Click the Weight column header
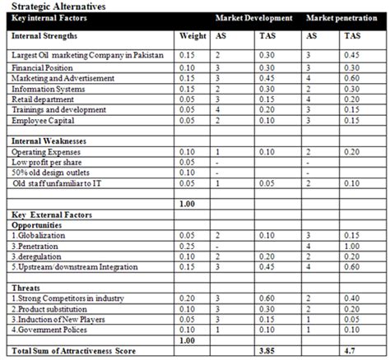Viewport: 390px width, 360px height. pyautogui.click(x=192, y=36)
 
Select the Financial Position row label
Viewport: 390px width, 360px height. pyautogui.click(x=41, y=67)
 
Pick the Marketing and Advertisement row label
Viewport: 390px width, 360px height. pyautogui.click(x=62, y=77)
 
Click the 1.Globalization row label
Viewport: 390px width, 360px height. pyautogui.click(x=38, y=234)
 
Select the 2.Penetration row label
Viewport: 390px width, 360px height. pyautogui.click(x=36, y=245)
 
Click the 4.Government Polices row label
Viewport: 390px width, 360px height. pyautogui.click(x=52, y=330)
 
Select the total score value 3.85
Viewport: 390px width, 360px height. pyautogui.click(x=267, y=351)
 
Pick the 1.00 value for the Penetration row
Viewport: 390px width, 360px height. pyautogui.click(x=352, y=245)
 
